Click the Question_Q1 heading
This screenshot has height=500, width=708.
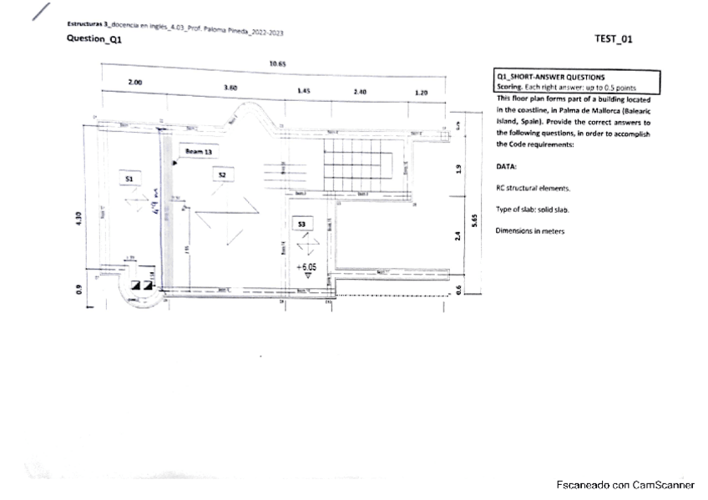94,39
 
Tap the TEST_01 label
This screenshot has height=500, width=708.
614,38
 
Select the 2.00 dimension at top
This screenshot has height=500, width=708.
134,83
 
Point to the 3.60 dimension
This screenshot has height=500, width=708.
232,87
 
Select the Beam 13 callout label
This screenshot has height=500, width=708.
199,152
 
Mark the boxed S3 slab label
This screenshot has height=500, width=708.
302,224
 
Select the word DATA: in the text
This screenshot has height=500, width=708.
507,166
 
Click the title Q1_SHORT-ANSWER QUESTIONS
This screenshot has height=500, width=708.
550,77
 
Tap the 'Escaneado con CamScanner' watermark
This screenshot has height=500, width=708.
625,485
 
